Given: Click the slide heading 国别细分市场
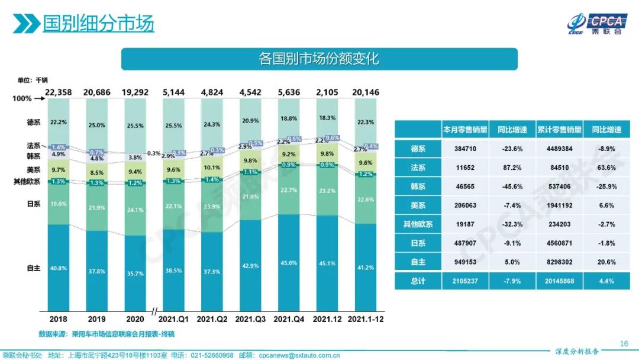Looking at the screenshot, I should (x=98, y=23).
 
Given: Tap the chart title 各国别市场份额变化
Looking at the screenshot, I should (x=319, y=59).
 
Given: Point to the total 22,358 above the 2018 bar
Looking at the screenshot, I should (x=58, y=92).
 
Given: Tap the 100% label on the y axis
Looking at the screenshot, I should (x=22, y=99).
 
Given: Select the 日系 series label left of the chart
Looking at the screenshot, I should (x=33, y=204).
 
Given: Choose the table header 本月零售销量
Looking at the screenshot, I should (x=465, y=130).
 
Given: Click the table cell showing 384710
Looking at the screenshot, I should (x=465, y=149).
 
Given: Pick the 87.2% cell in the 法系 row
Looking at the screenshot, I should (x=512, y=168).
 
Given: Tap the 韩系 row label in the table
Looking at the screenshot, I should (x=418, y=187).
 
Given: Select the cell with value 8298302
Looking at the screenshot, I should (x=559, y=262).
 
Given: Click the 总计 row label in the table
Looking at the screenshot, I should (x=418, y=281).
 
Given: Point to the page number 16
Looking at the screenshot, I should (x=623, y=343).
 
